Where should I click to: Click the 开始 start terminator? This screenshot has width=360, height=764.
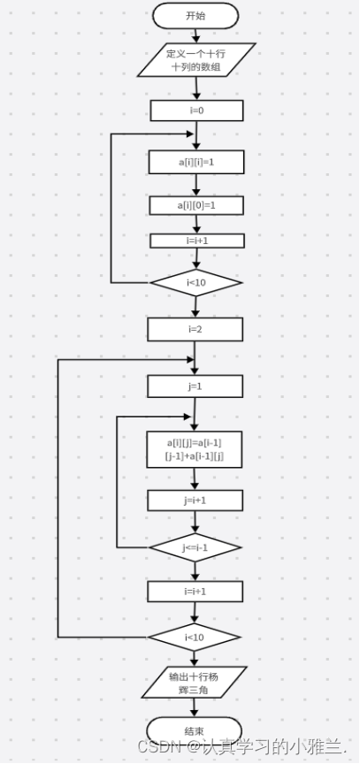click(195, 16)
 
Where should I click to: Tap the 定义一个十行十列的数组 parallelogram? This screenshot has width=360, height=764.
click(196, 60)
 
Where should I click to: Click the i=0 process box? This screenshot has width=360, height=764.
click(197, 111)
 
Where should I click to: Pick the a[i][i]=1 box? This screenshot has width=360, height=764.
click(196, 162)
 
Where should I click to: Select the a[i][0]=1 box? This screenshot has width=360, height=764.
click(196, 206)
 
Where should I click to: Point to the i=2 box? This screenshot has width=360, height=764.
click(195, 329)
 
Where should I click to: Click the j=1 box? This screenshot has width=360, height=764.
click(195, 386)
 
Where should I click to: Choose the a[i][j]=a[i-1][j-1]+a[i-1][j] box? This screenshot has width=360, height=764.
click(195, 449)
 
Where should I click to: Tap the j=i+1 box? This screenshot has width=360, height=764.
click(195, 500)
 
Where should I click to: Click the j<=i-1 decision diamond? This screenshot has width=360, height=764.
click(195, 547)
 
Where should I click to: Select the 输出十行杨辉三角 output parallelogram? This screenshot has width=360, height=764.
click(195, 684)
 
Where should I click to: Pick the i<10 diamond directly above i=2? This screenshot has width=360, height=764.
click(195, 283)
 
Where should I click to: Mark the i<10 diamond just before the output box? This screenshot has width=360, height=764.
click(195, 638)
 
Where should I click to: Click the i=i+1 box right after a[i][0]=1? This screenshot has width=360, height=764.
click(197, 241)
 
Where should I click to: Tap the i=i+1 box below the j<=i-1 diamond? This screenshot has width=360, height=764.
click(195, 592)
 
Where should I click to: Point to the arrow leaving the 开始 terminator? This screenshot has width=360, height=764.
click(195, 36)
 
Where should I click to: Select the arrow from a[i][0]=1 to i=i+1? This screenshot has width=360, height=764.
click(197, 224)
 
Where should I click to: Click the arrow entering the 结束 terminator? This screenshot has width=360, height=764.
click(195, 708)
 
